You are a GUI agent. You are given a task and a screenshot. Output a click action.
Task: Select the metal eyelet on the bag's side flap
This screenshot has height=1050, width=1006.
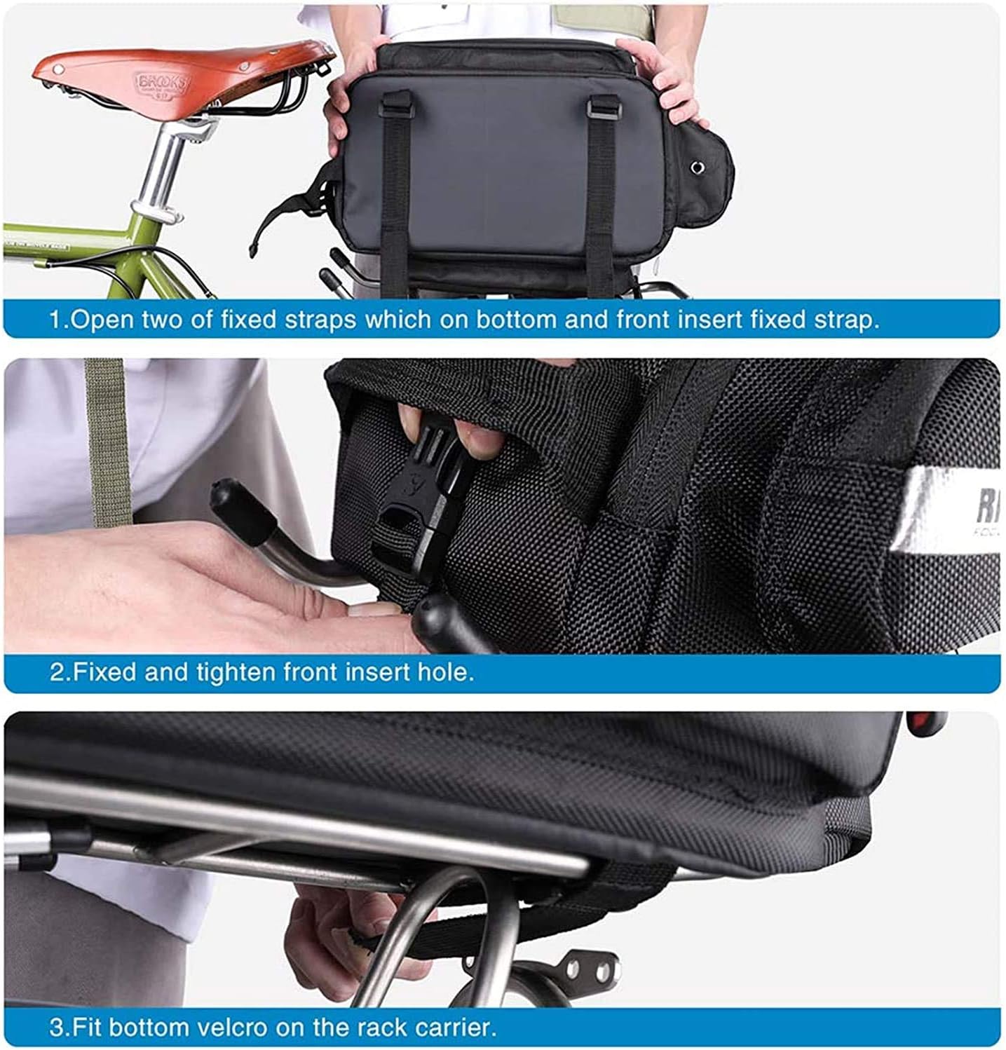coord(698,166)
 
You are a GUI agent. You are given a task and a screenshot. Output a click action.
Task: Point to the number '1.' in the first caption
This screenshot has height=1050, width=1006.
coord(60,320)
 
